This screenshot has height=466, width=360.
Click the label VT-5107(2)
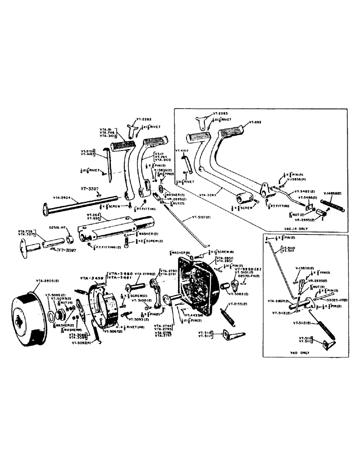(202, 218)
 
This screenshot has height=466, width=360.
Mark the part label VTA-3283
(214, 190)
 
